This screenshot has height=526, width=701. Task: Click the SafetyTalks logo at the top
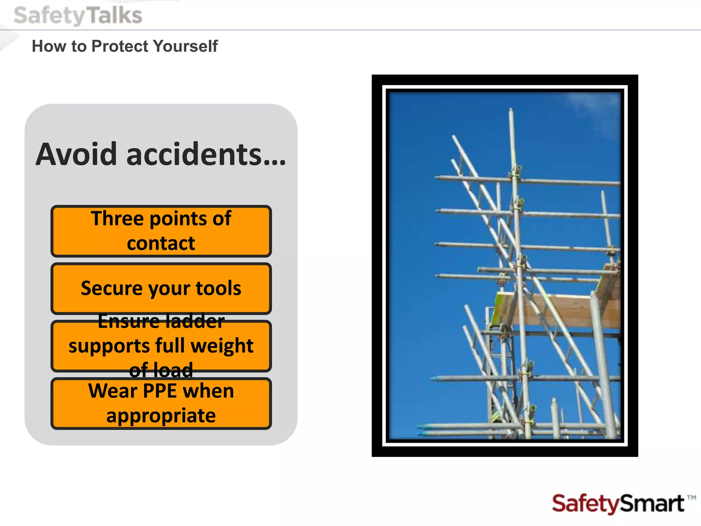78,16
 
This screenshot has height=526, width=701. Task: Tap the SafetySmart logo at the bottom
618,504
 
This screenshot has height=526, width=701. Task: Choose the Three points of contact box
161,231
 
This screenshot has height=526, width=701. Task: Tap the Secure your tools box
161,288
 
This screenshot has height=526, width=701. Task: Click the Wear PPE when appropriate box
161,403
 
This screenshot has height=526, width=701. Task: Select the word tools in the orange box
218,288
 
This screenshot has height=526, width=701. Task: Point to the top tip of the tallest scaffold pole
511,110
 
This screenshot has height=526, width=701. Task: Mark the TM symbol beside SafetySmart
691,498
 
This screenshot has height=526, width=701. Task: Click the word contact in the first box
161,243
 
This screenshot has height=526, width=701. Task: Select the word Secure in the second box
111,288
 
